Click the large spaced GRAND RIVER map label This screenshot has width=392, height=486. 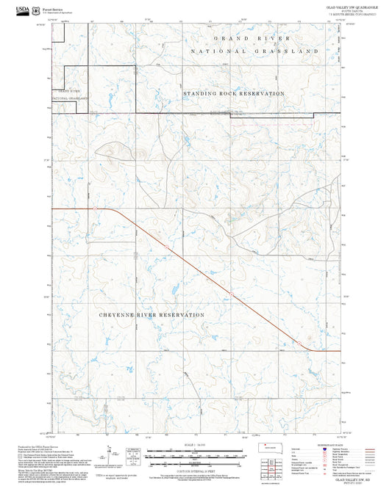point(252,37)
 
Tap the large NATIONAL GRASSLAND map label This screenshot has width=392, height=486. point(254,51)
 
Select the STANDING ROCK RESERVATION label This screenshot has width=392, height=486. point(233,94)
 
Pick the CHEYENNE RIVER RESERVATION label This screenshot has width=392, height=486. point(152,314)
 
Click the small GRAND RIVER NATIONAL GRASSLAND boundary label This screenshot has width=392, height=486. point(68,95)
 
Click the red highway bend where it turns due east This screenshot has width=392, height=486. point(313,350)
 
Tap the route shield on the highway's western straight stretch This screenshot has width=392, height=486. point(96,208)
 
